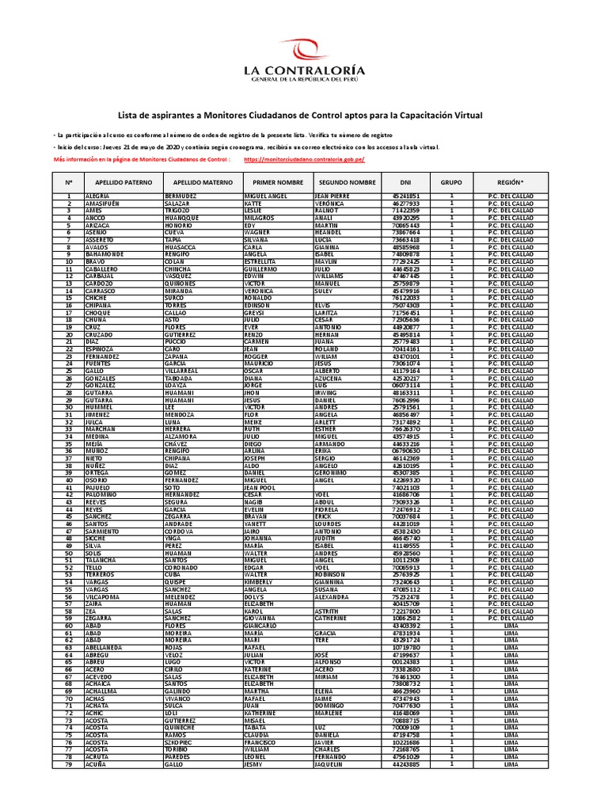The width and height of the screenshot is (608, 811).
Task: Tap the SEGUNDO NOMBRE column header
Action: pos(346,182)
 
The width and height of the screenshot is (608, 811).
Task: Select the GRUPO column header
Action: pos(451,182)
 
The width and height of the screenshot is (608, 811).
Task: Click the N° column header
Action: pos(69,182)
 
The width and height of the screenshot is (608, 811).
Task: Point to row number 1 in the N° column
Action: pos(69,196)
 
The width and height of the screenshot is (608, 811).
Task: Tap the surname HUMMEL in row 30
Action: pos(98,406)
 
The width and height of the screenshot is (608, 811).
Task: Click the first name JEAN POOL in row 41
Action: pos(261,487)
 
